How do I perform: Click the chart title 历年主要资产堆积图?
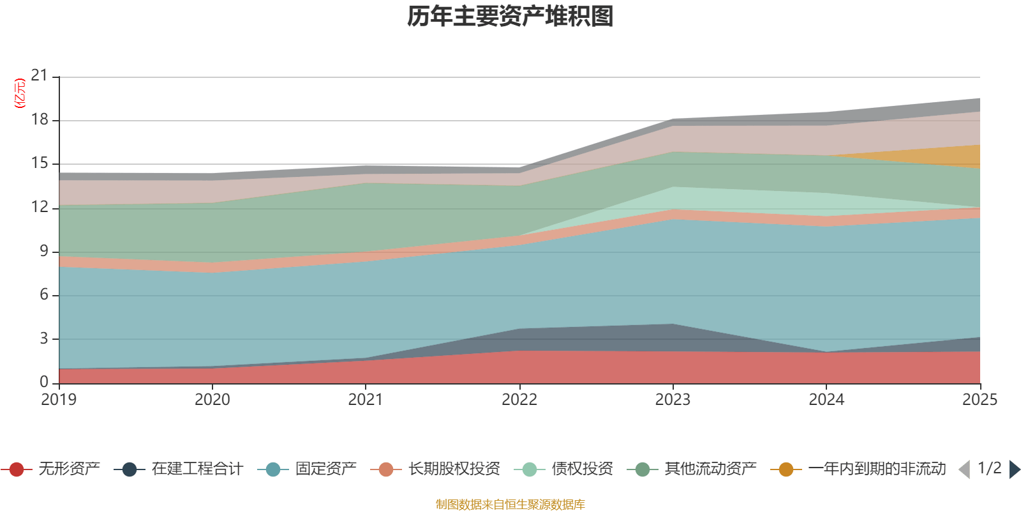point(511,17)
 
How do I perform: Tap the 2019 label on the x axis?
point(59,400)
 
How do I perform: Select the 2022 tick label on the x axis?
point(519,400)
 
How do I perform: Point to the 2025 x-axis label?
point(980,400)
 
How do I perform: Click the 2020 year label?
point(212,400)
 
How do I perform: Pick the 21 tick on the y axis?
point(40,76)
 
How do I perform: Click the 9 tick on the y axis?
point(44,251)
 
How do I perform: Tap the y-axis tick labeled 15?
point(40,164)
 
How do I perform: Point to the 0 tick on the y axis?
point(44,382)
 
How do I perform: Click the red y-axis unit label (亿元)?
point(20,93)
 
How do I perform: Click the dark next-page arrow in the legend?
point(1014,469)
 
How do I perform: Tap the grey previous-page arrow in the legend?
point(964,469)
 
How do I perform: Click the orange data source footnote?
point(511,505)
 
